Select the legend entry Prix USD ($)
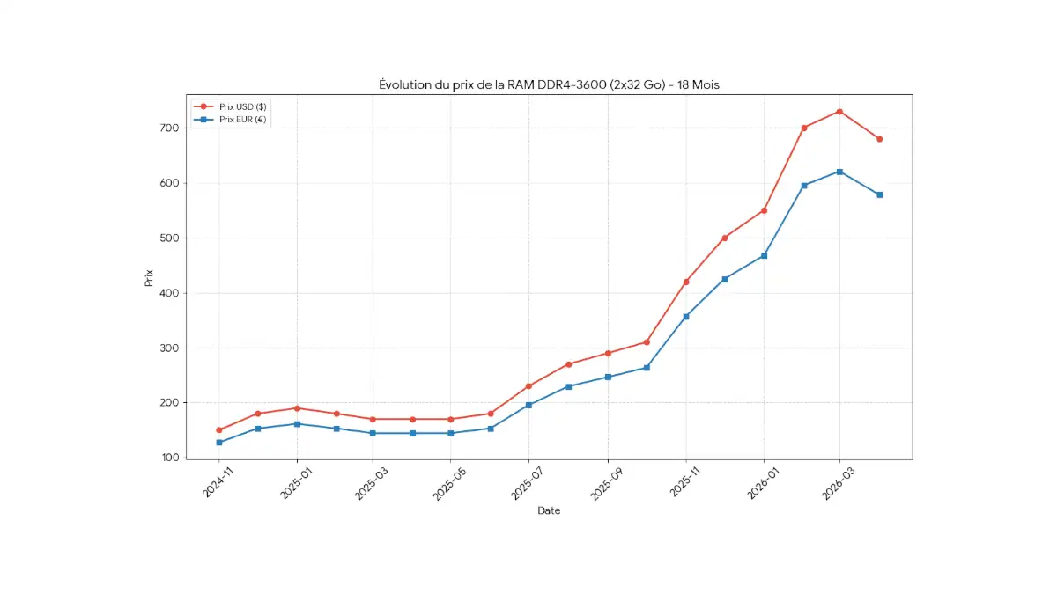[x=242, y=106]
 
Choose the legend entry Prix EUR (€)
[x=242, y=119]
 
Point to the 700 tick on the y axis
[x=169, y=128]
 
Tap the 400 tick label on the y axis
[x=169, y=293]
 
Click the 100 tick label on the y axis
[x=169, y=458]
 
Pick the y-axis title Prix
[x=148, y=277]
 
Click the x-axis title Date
[x=549, y=510]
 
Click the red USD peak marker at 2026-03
[x=839, y=112]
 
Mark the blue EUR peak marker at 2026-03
[x=839, y=172]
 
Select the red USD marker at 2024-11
[x=218, y=430]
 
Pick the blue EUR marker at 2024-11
[x=218, y=443]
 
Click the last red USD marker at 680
[x=879, y=139]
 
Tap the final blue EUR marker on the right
[x=879, y=194]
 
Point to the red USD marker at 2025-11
[x=685, y=282]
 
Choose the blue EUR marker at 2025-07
[x=528, y=405]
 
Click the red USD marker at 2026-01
[x=764, y=210]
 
